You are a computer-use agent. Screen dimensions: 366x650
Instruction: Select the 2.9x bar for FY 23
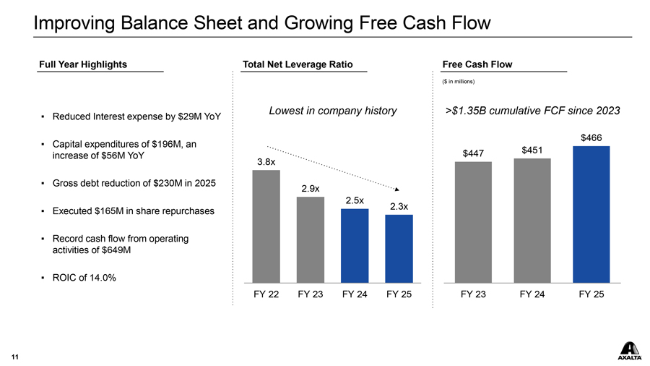(311, 239)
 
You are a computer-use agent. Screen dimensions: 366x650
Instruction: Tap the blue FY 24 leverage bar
(355, 245)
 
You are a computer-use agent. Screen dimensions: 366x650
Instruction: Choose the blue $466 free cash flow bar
(591, 214)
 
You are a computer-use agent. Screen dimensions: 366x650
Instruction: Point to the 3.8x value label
(266, 162)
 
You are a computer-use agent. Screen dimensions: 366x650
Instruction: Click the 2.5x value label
(355, 200)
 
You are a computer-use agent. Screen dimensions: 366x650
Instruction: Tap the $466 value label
(591, 137)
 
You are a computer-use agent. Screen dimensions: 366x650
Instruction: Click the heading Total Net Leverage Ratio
(298, 64)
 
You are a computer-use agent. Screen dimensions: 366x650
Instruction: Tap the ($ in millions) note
(458, 81)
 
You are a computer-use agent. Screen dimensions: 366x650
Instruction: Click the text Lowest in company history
(332, 111)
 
